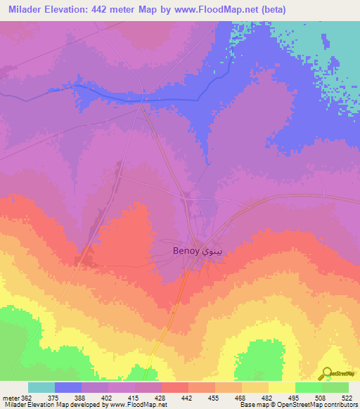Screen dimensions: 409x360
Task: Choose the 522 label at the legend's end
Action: coord(347,397)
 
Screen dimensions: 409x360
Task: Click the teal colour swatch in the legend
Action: coord(41,387)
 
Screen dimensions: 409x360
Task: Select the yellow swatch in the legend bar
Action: coord(281,387)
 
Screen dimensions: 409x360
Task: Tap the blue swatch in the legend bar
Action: coord(68,387)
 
